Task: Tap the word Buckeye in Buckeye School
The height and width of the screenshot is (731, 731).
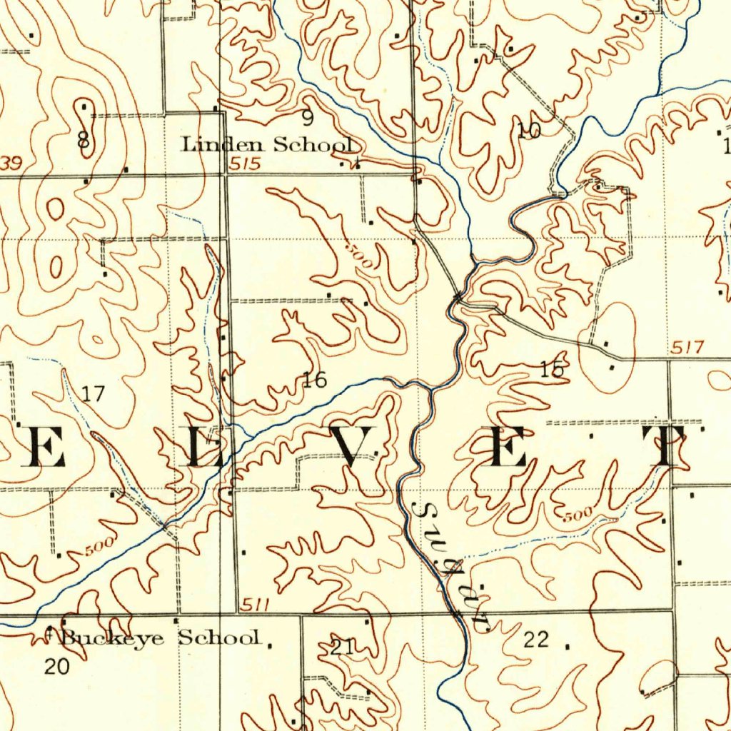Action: (x=114, y=637)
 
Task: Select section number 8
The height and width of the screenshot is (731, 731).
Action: (x=84, y=140)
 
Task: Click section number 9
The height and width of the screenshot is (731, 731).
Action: (x=307, y=118)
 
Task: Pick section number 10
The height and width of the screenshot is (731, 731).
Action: (x=529, y=130)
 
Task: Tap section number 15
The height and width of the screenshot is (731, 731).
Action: (x=552, y=370)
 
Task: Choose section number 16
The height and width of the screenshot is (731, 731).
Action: (x=314, y=380)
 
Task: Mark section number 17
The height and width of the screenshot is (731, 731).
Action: (x=93, y=393)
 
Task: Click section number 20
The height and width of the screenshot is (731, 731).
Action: (x=57, y=667)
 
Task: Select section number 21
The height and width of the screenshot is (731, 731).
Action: (x=343, y=647)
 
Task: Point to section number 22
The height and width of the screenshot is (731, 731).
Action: (x=536, y=640)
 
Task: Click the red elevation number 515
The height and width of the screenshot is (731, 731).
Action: (x=245, y=164)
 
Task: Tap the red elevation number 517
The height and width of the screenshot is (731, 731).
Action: (x=687, y=348)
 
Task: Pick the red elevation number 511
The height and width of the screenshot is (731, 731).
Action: (x=254, y=605)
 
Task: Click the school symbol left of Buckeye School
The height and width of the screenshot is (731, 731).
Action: (x=49, y=631)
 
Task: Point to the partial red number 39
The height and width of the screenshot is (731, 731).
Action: (x=11, y=164)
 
